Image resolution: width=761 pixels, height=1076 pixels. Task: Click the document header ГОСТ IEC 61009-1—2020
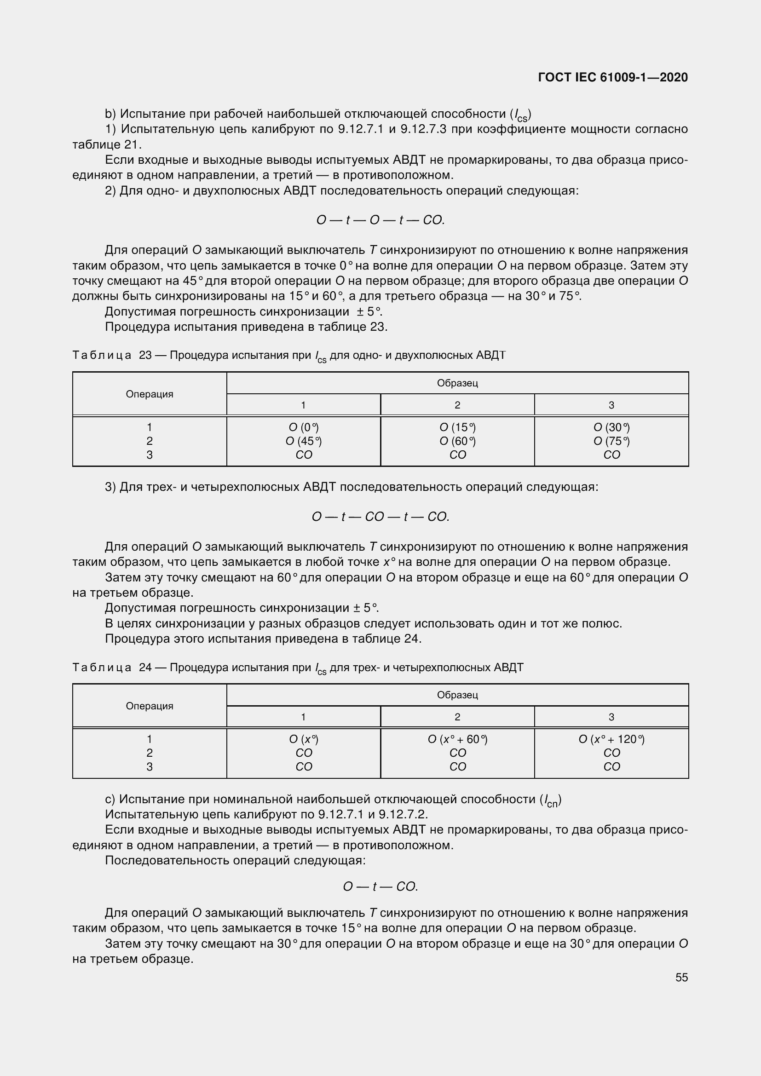[613, 77]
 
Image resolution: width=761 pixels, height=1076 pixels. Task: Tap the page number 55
[681, 977]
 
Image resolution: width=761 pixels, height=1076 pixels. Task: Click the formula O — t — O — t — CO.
[380, 220]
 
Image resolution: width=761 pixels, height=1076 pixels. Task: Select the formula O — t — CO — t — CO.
[380, 517]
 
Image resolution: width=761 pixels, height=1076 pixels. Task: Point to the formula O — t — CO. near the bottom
[380, 886]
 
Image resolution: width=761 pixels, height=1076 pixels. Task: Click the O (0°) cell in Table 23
[304, 427]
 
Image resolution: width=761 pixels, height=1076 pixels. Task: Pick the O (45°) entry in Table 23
[304, 441]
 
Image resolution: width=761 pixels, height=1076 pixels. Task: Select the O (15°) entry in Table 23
[457, 427]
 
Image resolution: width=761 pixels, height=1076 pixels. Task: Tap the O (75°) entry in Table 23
[611, 441]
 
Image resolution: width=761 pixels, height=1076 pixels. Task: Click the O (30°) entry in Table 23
[611, 427]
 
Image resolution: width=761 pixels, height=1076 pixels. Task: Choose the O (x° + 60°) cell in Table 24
[457, 739]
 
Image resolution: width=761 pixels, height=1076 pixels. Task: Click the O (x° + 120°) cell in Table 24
[611, 739]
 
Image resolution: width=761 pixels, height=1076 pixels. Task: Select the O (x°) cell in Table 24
[304, 739]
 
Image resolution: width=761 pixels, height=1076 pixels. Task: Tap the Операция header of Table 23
[150, 394]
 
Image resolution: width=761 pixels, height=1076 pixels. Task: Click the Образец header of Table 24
[457, 695]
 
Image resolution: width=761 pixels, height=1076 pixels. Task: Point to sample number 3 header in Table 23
[611, 405]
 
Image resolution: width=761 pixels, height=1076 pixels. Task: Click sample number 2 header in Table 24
[457, 717]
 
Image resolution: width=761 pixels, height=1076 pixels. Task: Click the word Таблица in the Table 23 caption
[102, 355]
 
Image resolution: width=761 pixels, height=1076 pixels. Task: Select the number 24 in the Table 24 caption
[145, 667]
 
